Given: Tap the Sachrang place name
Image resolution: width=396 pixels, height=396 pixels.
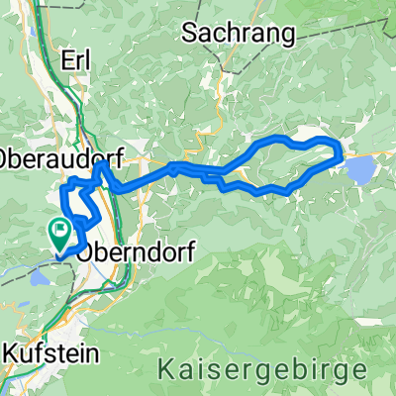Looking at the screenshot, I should click(240, 35).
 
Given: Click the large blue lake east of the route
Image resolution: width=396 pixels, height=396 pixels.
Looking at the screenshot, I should click(360, 170).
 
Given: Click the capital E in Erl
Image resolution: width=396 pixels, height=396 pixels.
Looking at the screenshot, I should click(66, 58).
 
